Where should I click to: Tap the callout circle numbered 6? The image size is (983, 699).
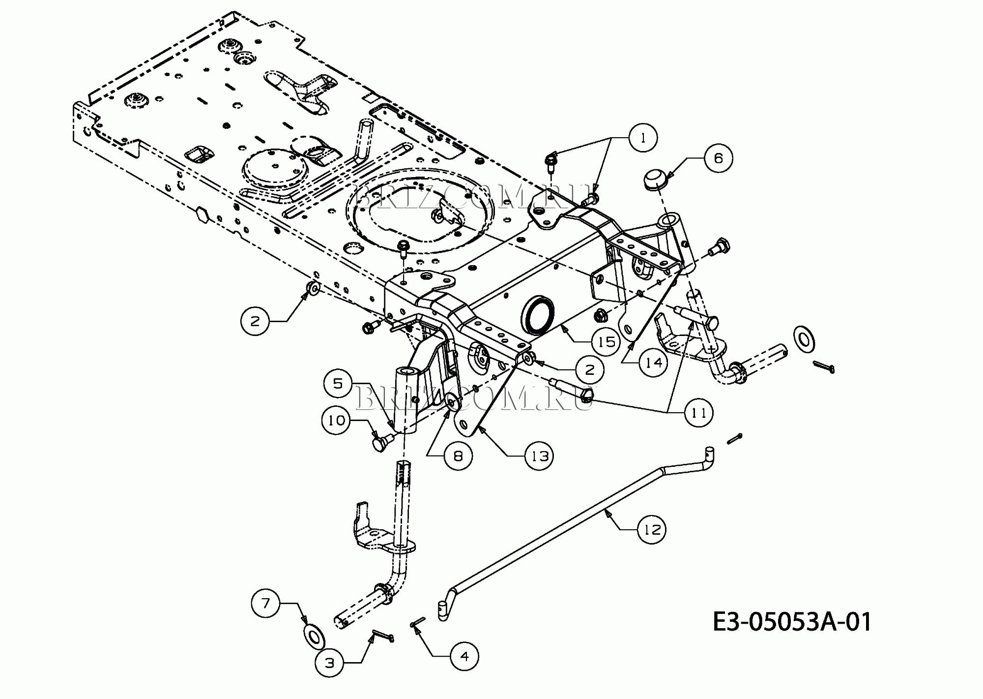pos(718,158)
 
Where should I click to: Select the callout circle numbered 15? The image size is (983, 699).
pos(606,341)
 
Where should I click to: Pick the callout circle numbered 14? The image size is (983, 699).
pos(653,363)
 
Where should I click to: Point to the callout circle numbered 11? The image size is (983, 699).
pos(698,412)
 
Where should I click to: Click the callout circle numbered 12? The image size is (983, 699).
pos(652,529)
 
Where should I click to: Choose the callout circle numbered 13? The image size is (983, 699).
pos(539,456)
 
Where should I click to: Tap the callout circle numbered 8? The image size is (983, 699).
pos(458,456)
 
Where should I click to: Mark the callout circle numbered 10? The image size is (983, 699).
pos(337,420)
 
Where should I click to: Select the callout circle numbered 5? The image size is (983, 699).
pos(338,383)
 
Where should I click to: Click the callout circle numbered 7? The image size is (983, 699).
pos(266,603)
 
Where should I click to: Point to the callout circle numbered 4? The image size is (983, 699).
pos(464,656)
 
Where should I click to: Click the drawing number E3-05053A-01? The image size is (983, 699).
pos(792,621)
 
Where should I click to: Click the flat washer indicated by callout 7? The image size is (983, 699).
pos(315,636)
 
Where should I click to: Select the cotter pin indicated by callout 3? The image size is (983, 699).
pos(383,636)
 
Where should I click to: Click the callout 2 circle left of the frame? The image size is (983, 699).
pos(255,321)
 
